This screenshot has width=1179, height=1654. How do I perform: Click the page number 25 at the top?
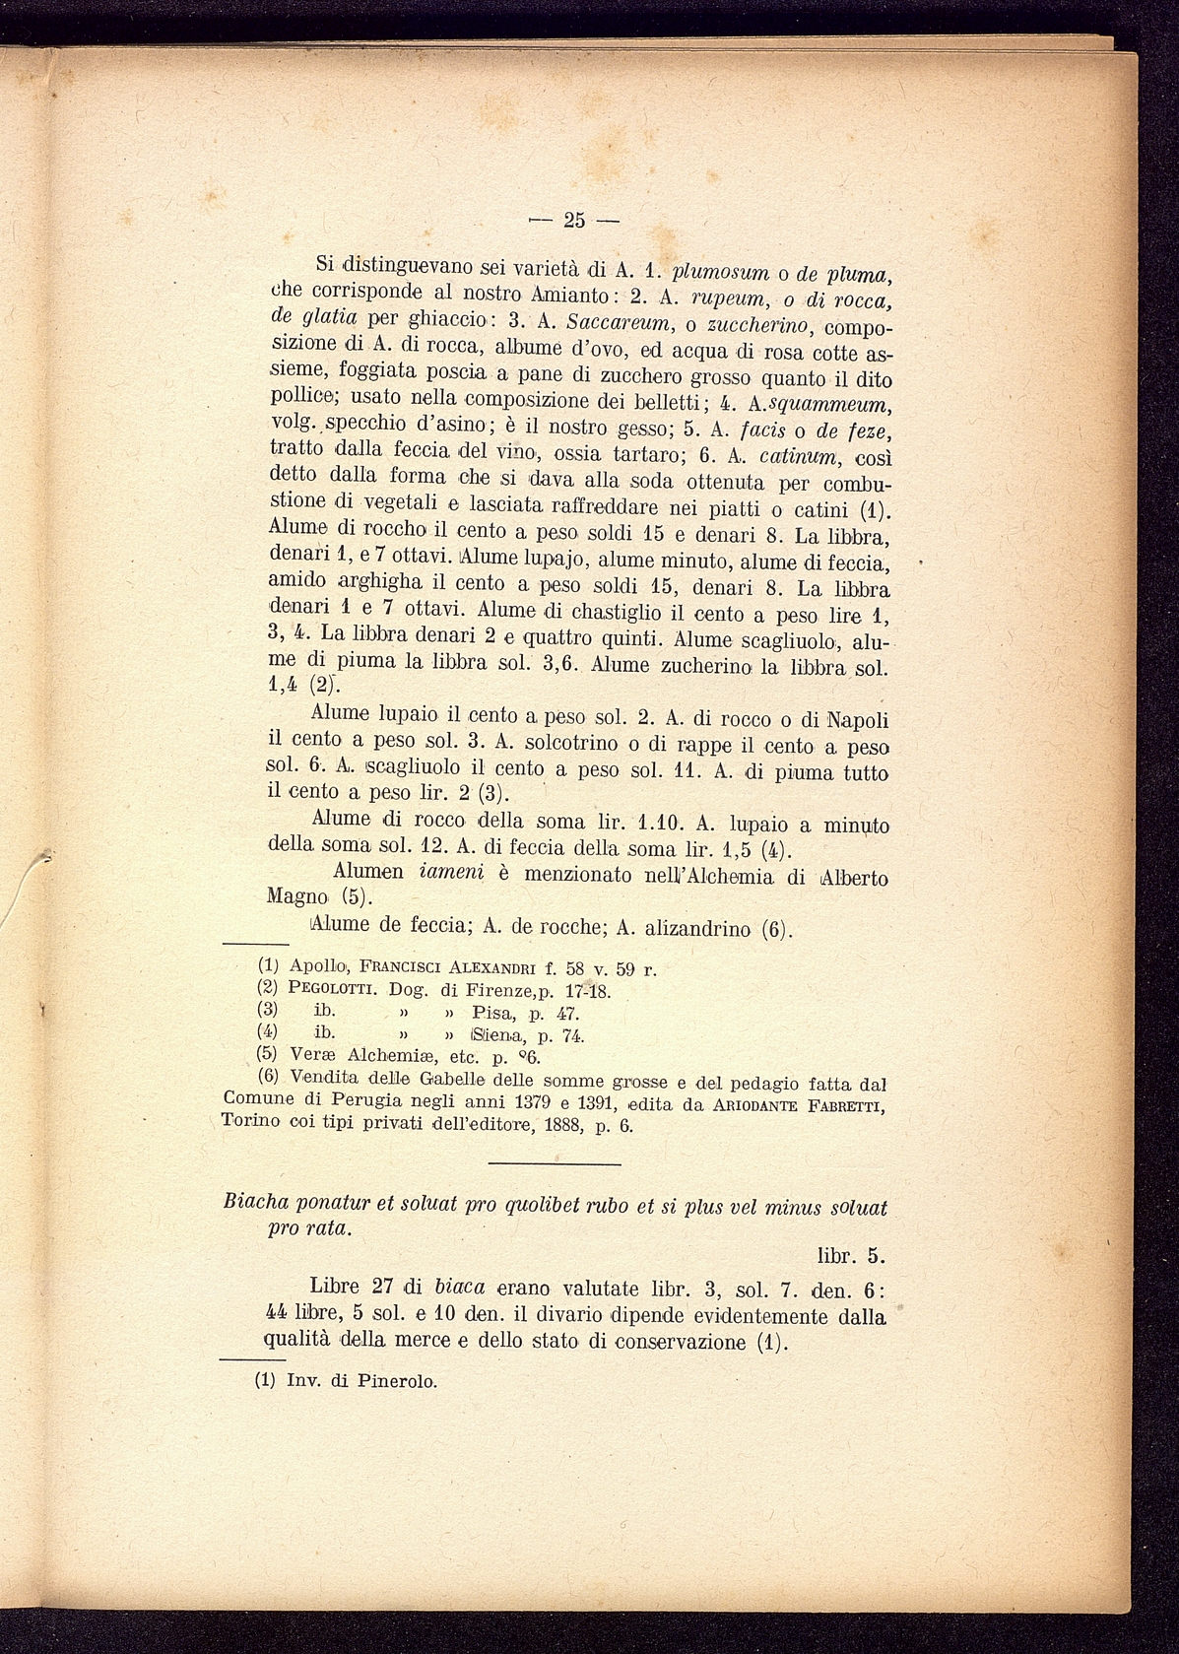pos(574,220)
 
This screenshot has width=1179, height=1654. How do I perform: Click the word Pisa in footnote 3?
pos(494,1013)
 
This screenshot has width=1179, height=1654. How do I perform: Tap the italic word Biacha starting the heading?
pos(258,1205)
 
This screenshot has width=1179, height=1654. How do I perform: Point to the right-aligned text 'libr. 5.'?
pos(851,1256)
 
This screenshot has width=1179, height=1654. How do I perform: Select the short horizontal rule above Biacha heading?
pos(555,1165)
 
